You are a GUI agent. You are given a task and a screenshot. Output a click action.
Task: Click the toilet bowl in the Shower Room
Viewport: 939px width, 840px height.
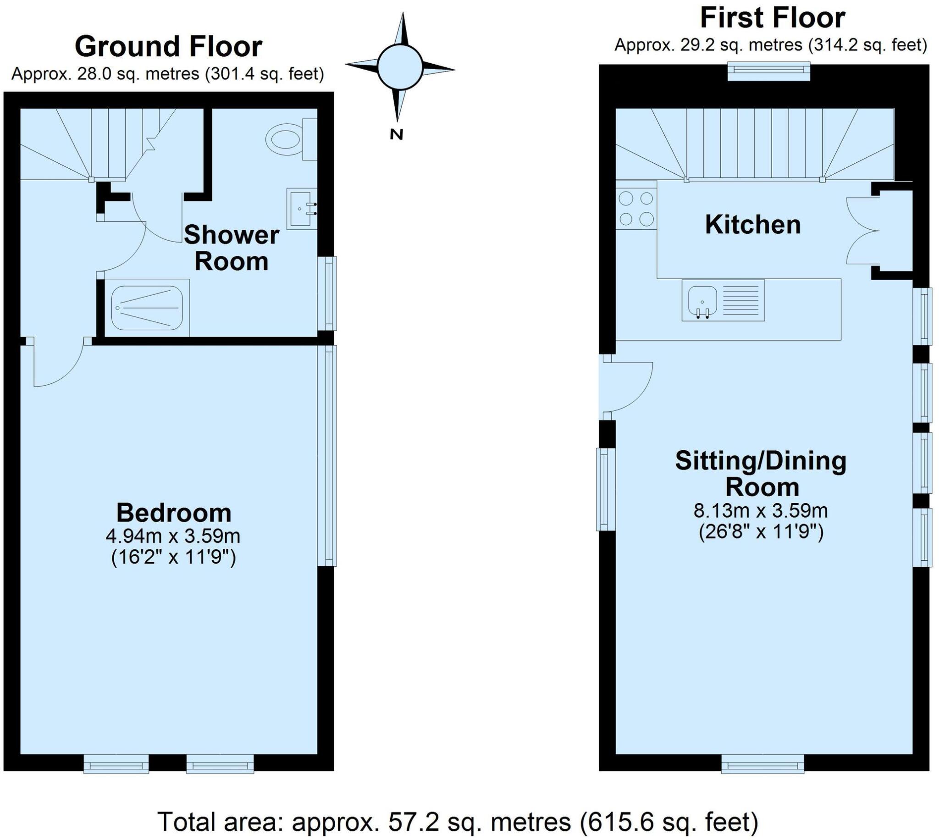click(284, 139)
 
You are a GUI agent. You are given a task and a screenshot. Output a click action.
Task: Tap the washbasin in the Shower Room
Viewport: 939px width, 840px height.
click(300, 209)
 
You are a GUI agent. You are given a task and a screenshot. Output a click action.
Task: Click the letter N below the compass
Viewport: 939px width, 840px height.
click(396, 134)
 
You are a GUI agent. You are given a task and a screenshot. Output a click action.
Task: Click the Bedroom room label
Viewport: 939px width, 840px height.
click(173, 512)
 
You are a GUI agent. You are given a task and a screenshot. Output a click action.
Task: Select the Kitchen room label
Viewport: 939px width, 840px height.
click(752, 225)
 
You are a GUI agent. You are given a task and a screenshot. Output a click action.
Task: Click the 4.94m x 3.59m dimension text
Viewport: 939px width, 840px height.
click(173, 536)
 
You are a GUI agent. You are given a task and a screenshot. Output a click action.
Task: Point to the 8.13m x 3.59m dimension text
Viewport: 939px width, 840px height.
click(761, 510)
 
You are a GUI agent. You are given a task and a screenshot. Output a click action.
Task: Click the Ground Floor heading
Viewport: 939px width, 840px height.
click(168, 47)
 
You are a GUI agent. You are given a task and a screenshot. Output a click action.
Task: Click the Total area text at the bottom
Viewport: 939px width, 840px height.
click(458, 821)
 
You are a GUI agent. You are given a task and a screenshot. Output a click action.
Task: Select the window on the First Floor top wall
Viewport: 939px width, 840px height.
click(769, 71)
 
